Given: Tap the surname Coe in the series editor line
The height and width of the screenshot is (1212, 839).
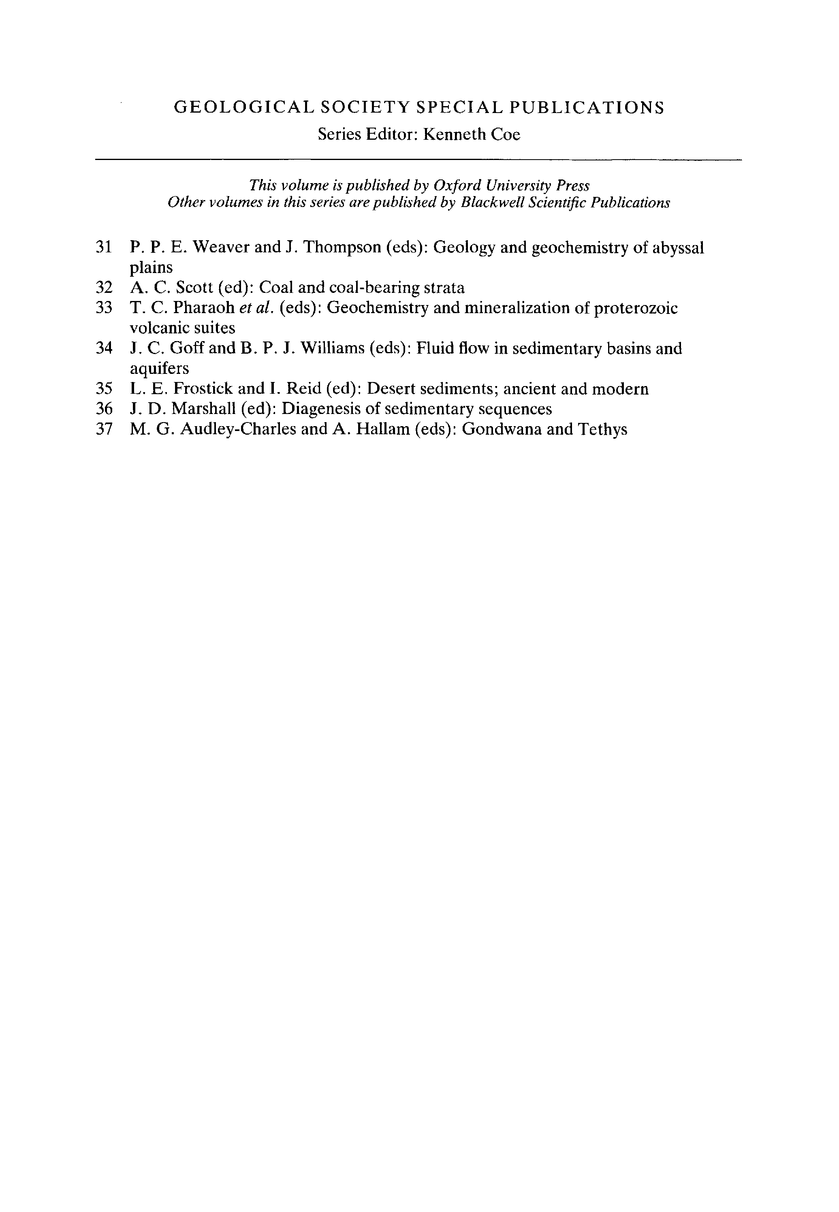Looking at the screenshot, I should coord(505,134).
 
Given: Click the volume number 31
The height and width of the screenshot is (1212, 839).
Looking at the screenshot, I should coord(104,247).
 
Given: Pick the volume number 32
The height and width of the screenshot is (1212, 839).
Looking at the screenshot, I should coord(104,288).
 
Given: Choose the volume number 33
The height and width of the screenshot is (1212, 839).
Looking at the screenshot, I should coord(104,307).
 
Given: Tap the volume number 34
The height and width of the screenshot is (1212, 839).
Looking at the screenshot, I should coord(104,348).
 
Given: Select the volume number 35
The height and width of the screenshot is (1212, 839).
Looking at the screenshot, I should coord(104,389).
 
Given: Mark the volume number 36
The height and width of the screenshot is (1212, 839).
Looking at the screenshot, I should coord(104,409).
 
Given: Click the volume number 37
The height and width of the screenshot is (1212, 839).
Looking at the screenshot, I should coord(104,429).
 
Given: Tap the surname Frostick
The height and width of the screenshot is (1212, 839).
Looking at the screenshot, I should coord(203,389).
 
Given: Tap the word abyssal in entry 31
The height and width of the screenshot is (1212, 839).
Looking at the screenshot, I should coord(678,248).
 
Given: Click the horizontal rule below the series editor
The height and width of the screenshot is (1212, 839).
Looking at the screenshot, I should coord(418,159).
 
